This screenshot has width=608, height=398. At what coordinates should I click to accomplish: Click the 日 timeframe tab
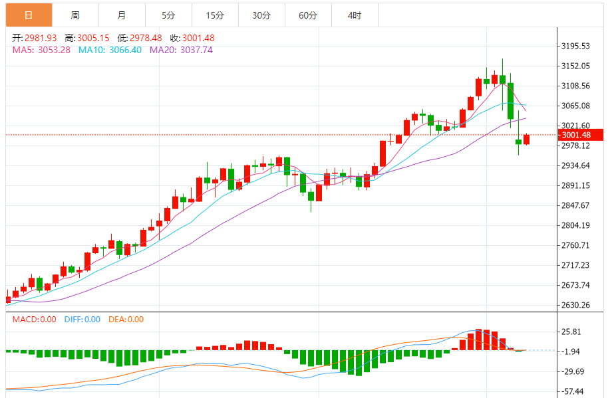click(28, 15)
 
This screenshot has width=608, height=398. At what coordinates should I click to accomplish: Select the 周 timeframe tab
click(75, 15)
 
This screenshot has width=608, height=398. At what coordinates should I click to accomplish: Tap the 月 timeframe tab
click(121, 15)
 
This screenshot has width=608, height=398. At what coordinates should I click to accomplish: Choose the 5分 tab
click(168, 15)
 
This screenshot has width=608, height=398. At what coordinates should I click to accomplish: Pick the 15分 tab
click(214, 15)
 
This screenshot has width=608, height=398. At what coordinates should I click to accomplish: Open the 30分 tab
click(261, 15)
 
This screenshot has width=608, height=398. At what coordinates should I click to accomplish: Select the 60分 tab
click(308, 15)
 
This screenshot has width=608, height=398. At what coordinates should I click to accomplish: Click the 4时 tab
click(355, 15)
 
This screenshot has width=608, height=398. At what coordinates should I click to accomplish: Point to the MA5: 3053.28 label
click(41, 50)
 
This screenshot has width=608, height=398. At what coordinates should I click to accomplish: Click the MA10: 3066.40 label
click(110, 50)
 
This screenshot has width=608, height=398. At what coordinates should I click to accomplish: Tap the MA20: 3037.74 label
click(181, 50)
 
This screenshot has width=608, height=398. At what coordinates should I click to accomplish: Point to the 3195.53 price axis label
click(576, 46)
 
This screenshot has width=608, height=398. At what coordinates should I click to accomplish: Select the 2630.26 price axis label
click(576, 305)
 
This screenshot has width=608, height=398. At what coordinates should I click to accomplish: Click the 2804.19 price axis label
click(576, 225)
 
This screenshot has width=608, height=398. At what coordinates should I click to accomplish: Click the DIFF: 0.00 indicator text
click(82, 320)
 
